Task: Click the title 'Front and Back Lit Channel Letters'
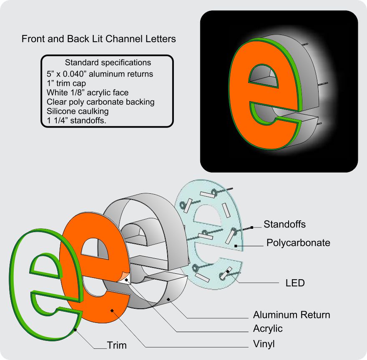click(x=98, y=39)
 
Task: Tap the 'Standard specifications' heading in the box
click(x=108, y=63)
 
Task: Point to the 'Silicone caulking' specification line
click(x=78, y=111)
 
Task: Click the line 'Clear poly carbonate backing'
click(x=101, y=102)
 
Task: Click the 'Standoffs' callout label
click(x=284, y=224)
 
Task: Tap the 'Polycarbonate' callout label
click(x=298, y=242)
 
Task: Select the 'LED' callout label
click(x=295, y=283)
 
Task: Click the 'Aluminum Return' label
click(x=292, y=315)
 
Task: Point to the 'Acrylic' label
click(x=268, y=329)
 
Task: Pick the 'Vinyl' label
click(x=264, y=344)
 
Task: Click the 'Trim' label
click(x=117, y=345)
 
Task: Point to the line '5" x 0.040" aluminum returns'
click(x=100, y=74)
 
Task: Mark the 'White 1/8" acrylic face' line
click(x=88, y=92)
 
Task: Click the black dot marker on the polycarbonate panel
click(x=236, y=246)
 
